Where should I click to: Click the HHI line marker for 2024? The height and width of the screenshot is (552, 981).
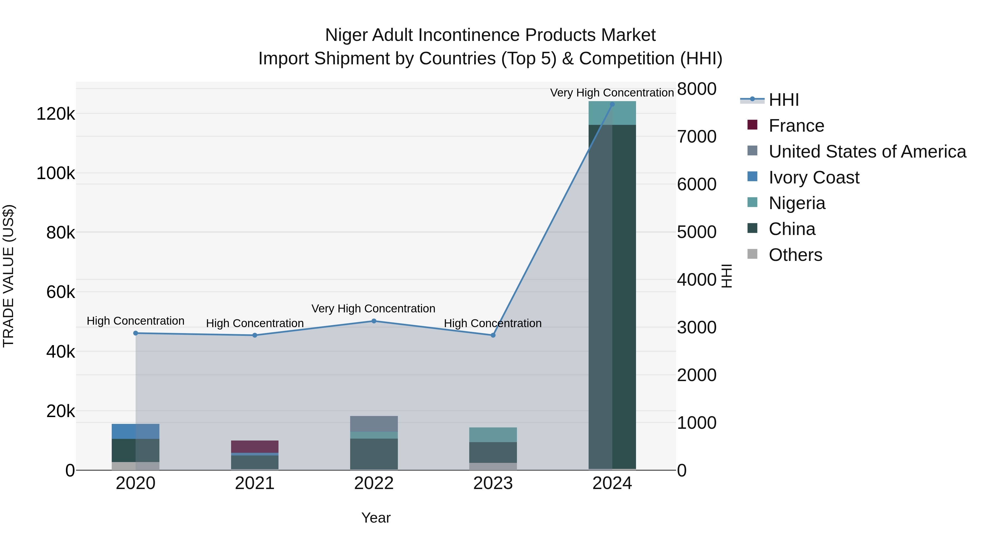tap(612, 104)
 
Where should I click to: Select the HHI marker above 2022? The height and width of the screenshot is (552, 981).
tap(374, 321)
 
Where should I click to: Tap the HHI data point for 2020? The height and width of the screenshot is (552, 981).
tap(136, 333)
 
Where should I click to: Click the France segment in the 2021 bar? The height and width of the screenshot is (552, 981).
tap(255, 447)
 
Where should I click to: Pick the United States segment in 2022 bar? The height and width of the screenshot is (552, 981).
tap(374, 424)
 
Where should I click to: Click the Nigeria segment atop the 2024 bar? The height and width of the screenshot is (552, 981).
tap(612, 113)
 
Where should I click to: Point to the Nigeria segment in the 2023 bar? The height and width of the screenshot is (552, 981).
tap(493, 435)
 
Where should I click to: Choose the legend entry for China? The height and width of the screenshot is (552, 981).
tap(792, 229)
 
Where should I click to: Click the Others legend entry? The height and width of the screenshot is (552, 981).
tap(795, 255)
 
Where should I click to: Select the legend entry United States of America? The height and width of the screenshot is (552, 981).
tap(867, 152)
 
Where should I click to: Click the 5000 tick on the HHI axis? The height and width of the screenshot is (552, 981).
tap(697, 232)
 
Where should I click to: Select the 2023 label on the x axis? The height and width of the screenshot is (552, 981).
tap(493, 483)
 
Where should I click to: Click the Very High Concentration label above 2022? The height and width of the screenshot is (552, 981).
tap(373, 309)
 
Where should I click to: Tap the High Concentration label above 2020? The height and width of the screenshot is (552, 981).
tap(136, 321)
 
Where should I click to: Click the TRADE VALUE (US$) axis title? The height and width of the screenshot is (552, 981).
tap(8, 276)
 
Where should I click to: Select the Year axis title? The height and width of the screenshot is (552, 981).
tap(376, 518)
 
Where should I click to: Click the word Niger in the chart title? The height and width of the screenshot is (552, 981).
tap(346, 35)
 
